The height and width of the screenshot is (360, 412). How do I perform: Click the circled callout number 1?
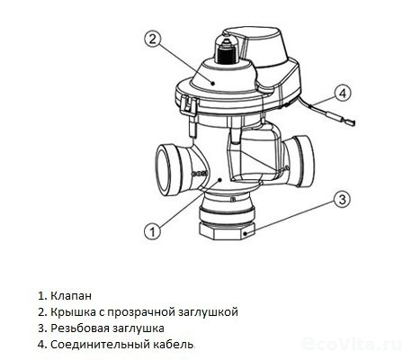(153, 231)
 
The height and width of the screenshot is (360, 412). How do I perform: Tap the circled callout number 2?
(153, 40)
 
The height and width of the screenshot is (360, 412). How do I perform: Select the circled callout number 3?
(342, 199)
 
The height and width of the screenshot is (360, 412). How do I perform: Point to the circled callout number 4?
(343, 93)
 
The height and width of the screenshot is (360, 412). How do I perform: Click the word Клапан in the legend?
(71, 296)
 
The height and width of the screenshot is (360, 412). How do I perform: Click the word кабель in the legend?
(175, 344)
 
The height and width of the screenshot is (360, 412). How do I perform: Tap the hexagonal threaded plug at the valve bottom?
(228, 230)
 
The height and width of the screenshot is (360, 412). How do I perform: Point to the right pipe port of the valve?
(302, 161)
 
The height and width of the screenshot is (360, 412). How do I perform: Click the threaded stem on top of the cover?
(227, 53)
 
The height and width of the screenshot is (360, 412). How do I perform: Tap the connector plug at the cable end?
(348, 122)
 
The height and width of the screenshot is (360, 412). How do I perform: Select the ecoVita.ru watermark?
(353, 344)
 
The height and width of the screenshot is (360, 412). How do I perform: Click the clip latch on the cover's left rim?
(187, 105)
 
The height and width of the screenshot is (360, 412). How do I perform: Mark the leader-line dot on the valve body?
(219, 179)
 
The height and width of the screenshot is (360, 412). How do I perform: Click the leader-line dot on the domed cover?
(213, 83)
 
